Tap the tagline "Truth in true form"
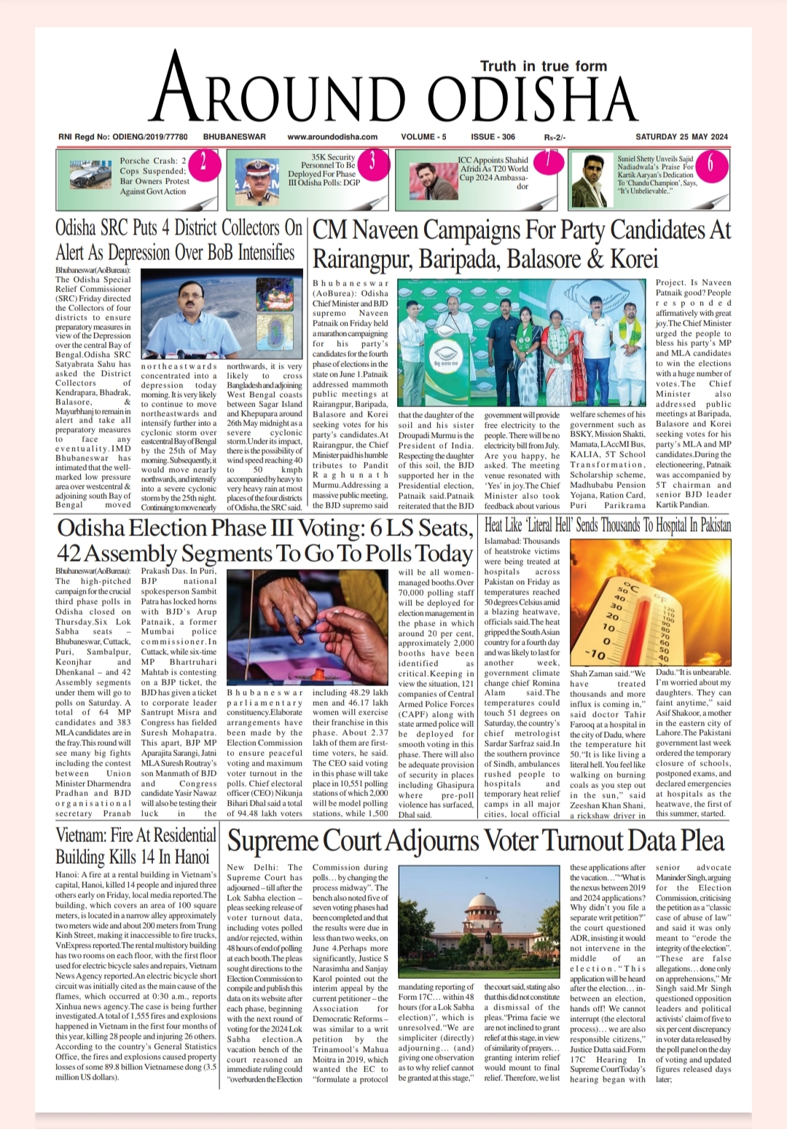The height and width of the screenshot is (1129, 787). pyautogui.click(x=543, y=66)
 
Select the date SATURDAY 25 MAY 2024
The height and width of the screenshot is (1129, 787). pyautogui.click(x=681, y=137)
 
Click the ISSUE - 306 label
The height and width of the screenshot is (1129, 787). pyautogui.click(x=493, y=137)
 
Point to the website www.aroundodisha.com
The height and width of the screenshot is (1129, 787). pyautogui.click(x=332, y=137)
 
